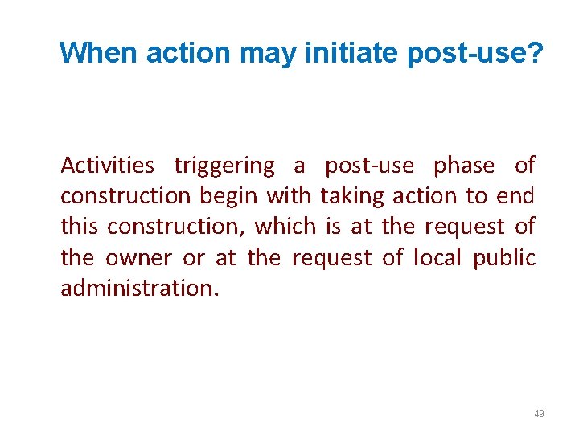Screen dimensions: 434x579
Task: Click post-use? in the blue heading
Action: (x=475, y=53)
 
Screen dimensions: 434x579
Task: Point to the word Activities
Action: (x=108, y=166)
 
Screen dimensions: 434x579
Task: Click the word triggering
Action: (x=224, y=166)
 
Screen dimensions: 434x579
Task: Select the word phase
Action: (x=463, y=166)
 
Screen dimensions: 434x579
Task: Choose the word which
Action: (x=285, y=227)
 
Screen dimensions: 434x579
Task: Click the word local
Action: (x=437, y=258)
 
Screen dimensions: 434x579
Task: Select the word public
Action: (x=504, y=258)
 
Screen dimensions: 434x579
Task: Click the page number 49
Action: (x=539, y=414)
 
